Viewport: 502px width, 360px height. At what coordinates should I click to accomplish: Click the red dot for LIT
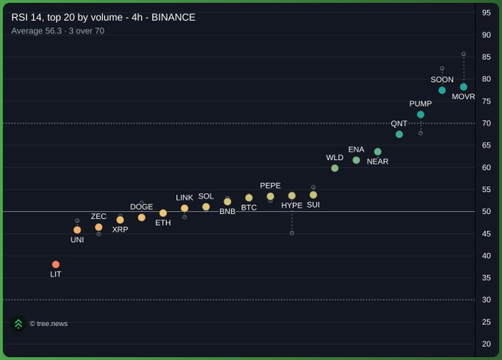click(x=55, y=264)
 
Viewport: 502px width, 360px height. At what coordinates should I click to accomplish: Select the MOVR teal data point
click(x=464, y=87)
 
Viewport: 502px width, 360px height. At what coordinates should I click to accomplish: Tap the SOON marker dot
click(x=442, y=90)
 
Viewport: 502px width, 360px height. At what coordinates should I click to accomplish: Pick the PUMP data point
click(x=421, y=114)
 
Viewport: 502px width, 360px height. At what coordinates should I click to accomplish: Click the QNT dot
click(x=399, y=134)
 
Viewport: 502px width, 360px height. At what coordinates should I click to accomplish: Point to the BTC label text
click(x=249, y=207)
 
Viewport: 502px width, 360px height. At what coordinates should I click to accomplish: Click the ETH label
click(x=163, y=223)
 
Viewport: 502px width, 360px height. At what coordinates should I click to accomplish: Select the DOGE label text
click(x=142, y=207)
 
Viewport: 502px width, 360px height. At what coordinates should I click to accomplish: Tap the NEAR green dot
click(x=378, y=151)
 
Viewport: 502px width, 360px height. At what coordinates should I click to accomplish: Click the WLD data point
click(x=335, y=168)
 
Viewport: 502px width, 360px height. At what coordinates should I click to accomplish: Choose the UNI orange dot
click(x=78, y=229)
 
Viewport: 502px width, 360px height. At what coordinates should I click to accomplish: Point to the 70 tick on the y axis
click(x=486, y=123)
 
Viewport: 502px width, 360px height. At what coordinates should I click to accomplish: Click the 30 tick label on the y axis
click(x=486, y=300)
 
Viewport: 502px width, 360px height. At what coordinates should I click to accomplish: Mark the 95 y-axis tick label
click(x=486, y=13)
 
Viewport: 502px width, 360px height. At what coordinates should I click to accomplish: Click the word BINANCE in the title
click(x=173, y=17)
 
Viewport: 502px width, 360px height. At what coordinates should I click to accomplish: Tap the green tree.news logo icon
click(x=18, y=324)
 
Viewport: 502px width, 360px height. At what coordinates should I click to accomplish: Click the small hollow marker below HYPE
click(x=292, y=233)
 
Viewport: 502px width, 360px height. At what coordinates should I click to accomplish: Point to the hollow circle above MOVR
click(x=464, y=54)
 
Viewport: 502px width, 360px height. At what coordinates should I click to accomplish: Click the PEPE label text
click(x=270, y=186)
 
